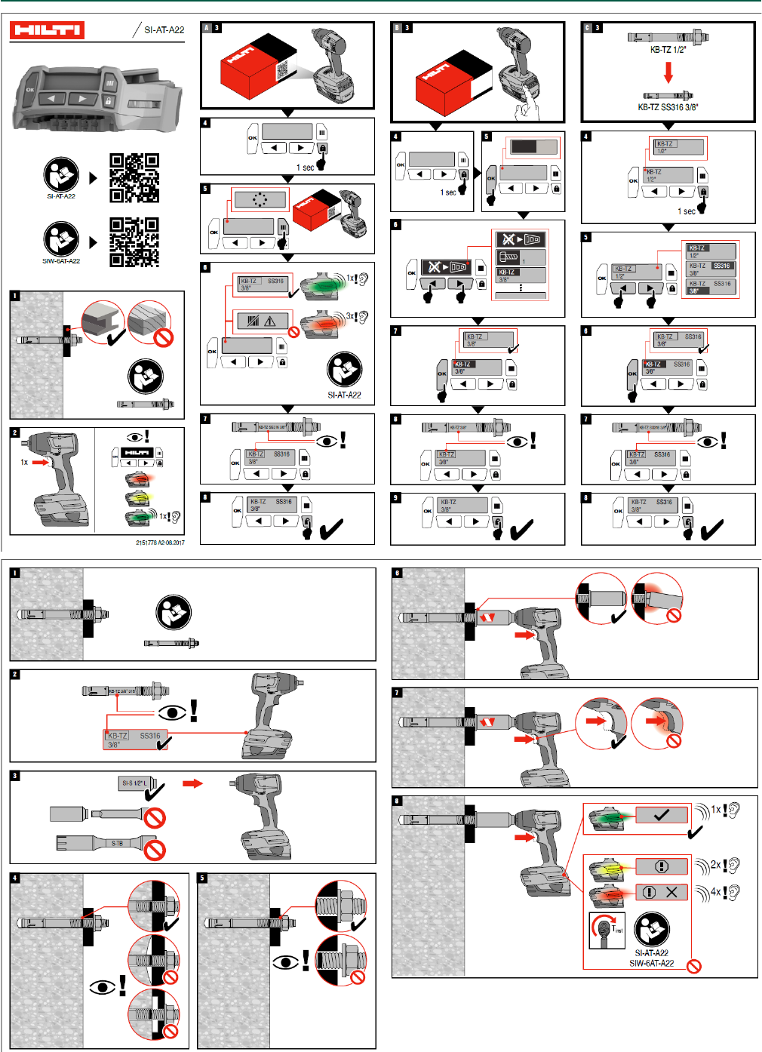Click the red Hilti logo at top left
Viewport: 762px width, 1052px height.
pos(46,30)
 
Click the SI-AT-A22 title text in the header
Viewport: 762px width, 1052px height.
pos(164,29)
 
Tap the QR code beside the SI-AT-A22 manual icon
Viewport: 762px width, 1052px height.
pos(134,178)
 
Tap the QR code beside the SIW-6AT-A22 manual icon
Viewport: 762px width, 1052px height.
pos(134,242)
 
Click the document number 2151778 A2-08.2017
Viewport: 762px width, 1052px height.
pos(160,543)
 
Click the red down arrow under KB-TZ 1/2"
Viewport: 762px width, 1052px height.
pos(668,72)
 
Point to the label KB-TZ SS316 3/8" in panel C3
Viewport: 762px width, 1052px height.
pos(668,107)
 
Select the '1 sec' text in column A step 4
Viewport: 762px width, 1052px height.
pos(305,168)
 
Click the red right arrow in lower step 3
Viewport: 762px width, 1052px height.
pos(193,783)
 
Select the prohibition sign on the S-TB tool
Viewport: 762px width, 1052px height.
pos(155,850)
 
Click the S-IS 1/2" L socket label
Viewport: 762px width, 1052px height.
pos(134,783)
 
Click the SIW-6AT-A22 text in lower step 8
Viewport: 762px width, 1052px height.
pos(651,963)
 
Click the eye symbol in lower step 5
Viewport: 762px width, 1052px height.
pos(285,962)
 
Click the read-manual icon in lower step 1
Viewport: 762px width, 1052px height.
pos(174,613)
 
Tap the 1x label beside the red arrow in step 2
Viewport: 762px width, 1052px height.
pos(24,462)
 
